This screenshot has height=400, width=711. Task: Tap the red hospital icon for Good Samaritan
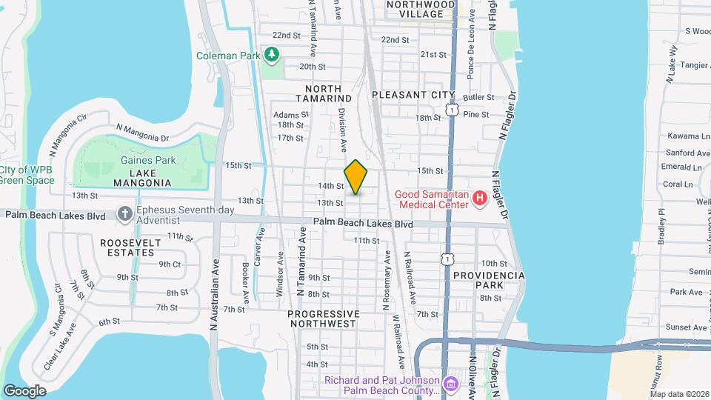479,198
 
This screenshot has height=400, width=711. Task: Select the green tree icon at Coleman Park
273,54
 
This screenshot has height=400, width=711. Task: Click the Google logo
24,390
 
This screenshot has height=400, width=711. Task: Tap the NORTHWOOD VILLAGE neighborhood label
420,9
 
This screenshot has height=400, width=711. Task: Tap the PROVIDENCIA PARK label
490,280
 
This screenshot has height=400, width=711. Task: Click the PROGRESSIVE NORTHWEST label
323,319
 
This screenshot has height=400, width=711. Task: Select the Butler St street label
478,97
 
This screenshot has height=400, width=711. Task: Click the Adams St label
290,115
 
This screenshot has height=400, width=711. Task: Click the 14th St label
330,186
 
